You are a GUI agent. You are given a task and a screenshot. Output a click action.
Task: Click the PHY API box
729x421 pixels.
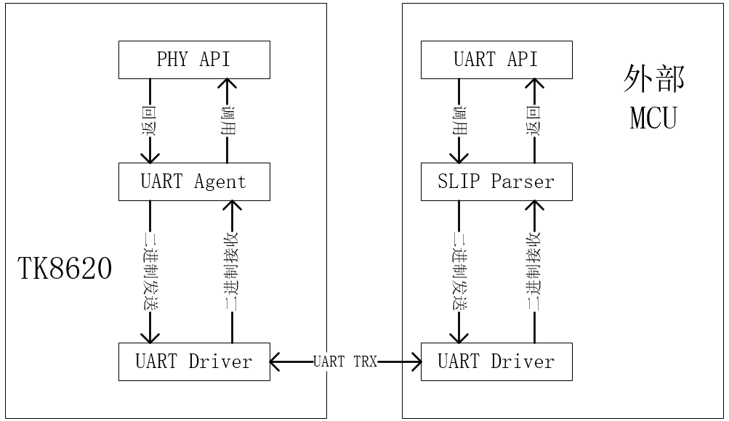[194, 60]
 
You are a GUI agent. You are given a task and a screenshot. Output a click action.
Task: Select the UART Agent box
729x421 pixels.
[194, 181]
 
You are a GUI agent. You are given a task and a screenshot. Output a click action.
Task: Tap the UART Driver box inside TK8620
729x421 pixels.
[194, 361]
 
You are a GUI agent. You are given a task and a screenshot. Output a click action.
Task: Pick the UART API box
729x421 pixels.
[496, 60]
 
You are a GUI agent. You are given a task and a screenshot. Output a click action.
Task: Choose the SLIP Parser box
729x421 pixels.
[496, 181]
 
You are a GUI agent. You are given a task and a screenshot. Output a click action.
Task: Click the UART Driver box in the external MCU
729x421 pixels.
[496, 361]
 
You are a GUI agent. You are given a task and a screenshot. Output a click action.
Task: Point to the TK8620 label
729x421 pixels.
[65, 269]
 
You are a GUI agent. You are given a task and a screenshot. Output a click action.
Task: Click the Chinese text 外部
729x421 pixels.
[653, 80]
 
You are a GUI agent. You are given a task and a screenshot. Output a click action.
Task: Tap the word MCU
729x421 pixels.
[653, 118]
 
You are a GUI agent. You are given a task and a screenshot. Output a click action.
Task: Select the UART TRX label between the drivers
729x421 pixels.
[345, 361]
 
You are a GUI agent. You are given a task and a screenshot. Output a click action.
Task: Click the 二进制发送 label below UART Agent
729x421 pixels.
[150, 271]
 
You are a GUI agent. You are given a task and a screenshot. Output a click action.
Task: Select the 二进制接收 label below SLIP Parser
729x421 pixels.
[535, 271]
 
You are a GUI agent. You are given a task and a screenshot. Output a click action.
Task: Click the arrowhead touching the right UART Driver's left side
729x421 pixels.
[415, 361]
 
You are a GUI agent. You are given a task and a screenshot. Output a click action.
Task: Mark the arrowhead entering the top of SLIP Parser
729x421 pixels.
[459, 157]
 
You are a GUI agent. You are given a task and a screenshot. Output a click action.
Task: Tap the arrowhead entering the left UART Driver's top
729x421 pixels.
[150, 337]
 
